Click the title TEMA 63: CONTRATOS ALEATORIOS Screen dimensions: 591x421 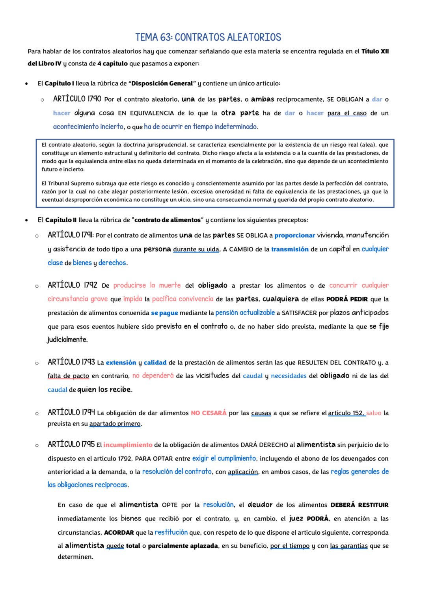208,37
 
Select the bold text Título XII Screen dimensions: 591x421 375,51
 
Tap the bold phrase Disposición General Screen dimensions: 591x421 162,84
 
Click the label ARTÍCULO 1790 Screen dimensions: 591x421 77,99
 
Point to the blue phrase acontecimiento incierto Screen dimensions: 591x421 88,127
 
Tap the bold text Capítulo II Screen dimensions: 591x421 61,220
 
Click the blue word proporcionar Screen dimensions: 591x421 294,236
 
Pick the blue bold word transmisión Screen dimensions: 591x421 290,249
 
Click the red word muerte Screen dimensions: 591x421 170,285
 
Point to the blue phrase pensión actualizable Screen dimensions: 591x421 245,313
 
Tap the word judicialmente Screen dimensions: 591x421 67,340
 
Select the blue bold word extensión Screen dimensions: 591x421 121,362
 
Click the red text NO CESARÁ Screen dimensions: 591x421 209,413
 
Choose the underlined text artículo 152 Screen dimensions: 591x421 346,413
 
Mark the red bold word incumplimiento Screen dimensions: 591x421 128,445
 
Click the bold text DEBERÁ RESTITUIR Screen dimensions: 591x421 359,505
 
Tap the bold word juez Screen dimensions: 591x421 296,519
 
